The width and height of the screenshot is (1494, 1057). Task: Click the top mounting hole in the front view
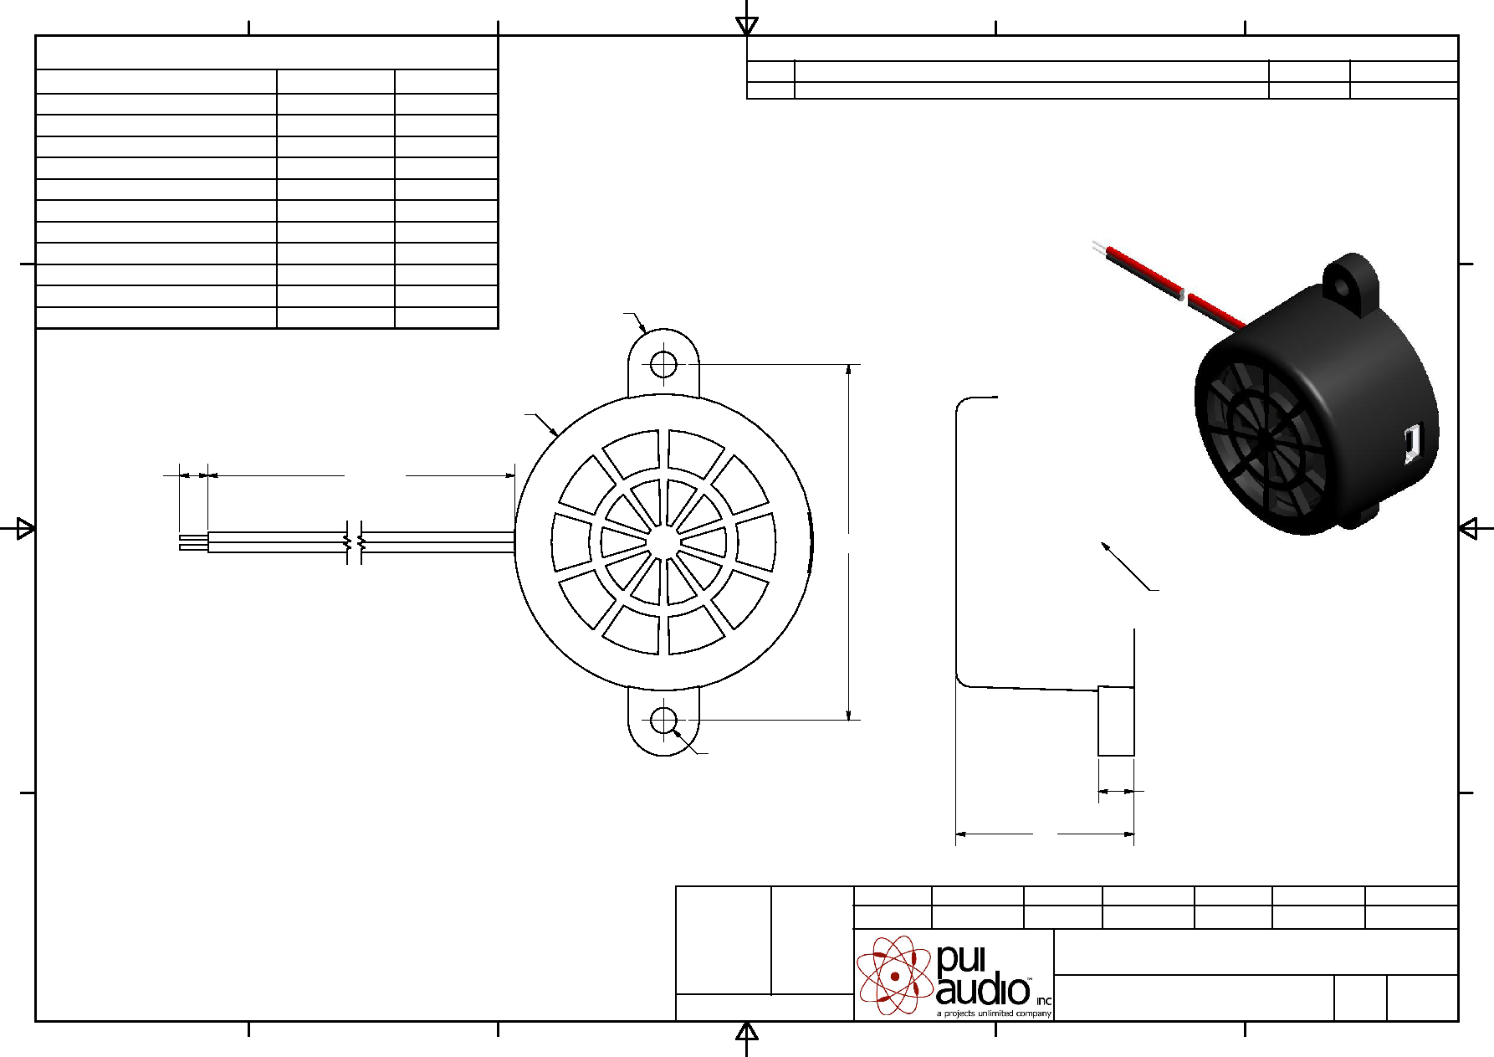[663, 365]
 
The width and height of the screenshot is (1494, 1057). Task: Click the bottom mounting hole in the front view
[663, 720]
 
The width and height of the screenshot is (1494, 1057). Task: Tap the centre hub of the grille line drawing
[663, 541]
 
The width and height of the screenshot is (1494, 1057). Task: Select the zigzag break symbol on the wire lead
[354, 541]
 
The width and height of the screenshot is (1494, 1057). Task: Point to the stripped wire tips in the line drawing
[193, 542]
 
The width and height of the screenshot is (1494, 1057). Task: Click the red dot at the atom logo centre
[895, 976]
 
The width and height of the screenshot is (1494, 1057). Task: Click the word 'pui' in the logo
[961, 959]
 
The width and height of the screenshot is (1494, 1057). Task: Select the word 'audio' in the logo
[983, 990]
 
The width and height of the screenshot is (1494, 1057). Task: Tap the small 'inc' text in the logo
[1043, 1001]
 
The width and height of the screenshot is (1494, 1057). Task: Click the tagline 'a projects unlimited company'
[994, 1013]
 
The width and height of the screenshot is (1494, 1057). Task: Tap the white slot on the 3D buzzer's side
[1411, 443]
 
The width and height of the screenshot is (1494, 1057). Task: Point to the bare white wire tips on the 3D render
[1099, 248]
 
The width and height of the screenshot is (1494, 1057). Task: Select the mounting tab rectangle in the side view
[1116, 721]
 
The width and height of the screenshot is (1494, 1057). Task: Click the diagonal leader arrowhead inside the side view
[1106, 547]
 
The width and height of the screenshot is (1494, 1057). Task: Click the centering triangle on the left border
[26, 528]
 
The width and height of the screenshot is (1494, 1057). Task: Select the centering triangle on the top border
[747, 26]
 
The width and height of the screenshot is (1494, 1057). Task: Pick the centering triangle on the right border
[1468, 528]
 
